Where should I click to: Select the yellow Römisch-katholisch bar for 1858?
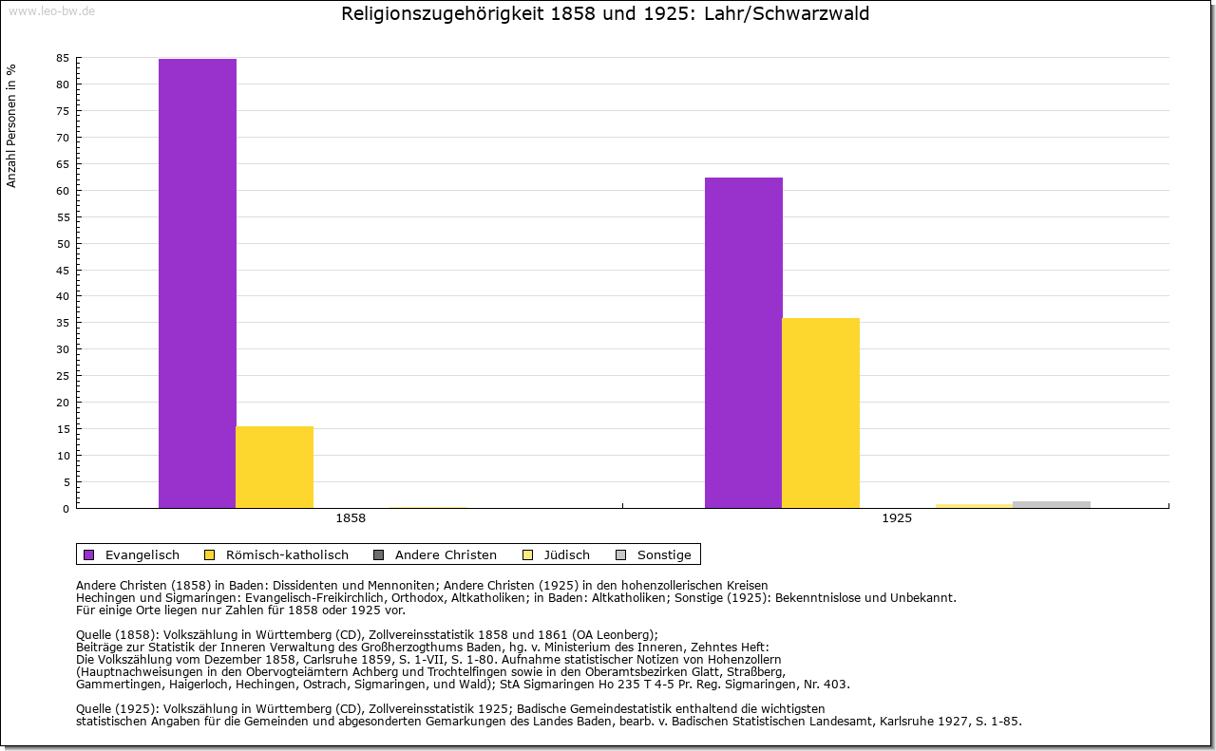click(275, 467)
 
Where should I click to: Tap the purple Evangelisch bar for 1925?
click(744, 343)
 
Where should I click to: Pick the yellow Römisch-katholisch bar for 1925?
click(821, 413)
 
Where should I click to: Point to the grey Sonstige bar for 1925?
click(1052, 504)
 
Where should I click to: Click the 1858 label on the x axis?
click(351, 518)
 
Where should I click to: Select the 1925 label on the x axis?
click(897, 518)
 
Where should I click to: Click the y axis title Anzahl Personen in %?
click(11, 125)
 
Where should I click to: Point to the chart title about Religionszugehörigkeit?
click(605, 14)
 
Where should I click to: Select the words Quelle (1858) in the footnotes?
click(119, 635)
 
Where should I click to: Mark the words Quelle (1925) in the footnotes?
click(119, 708)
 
